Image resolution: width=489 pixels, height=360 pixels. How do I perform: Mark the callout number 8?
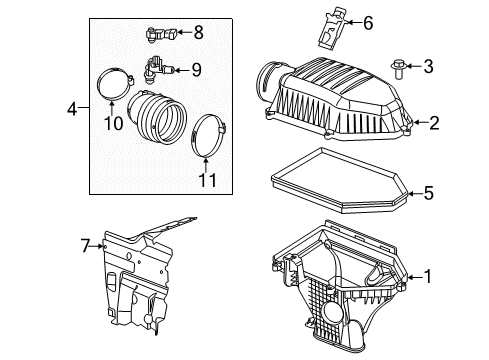tap(198, 33)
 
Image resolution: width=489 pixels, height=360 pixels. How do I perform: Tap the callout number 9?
tap(197, 69)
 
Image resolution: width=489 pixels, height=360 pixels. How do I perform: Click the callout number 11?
tap(207, 182)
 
